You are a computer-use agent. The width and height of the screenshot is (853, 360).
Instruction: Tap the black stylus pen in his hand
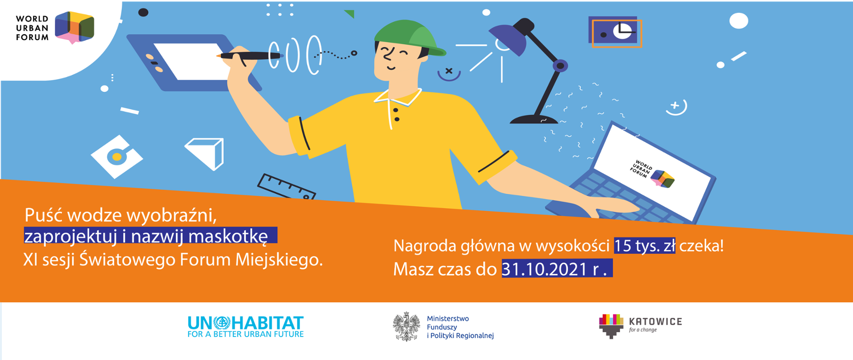click(x=251, y=56)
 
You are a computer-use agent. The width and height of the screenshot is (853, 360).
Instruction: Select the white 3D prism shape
click(x=206, y=152)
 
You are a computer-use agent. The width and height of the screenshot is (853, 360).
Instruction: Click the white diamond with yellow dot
click(x=117, y=156)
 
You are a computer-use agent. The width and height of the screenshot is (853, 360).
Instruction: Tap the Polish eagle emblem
click(x=406, y=327)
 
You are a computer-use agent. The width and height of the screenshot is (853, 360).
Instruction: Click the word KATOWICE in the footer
click(x=655, y=321)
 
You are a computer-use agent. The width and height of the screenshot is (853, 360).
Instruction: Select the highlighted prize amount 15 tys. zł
click(x=644, y=246)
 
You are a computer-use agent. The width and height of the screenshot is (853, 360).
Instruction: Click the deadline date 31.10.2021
click(x=544, y=269)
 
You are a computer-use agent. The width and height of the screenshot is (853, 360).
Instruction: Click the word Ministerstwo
click(x=448, y=319)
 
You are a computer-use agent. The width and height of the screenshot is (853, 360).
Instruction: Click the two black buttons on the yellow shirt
click(x=396, y=115)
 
